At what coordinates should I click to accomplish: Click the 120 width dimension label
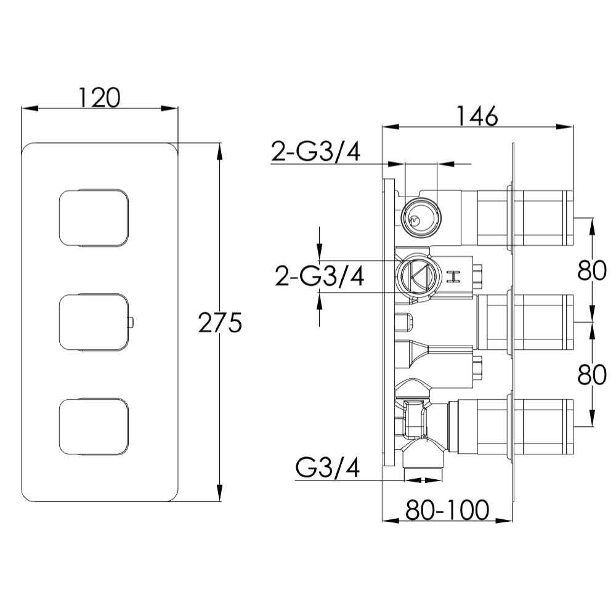pos(99,97)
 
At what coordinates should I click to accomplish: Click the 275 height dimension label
pos(219,322)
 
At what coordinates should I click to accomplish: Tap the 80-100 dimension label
pos(447,509)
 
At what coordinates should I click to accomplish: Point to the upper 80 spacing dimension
pos(593,270)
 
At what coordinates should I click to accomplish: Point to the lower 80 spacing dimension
pos(593,374)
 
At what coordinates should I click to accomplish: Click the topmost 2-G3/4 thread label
pos(315,151)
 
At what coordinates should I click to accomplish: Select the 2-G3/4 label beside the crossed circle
pos(319,277)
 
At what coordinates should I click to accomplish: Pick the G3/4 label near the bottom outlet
pos(328,468)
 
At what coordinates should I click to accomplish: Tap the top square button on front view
pos(95,217)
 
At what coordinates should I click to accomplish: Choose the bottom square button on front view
pos(95,426)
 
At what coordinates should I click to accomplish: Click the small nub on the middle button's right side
pos(132,322)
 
